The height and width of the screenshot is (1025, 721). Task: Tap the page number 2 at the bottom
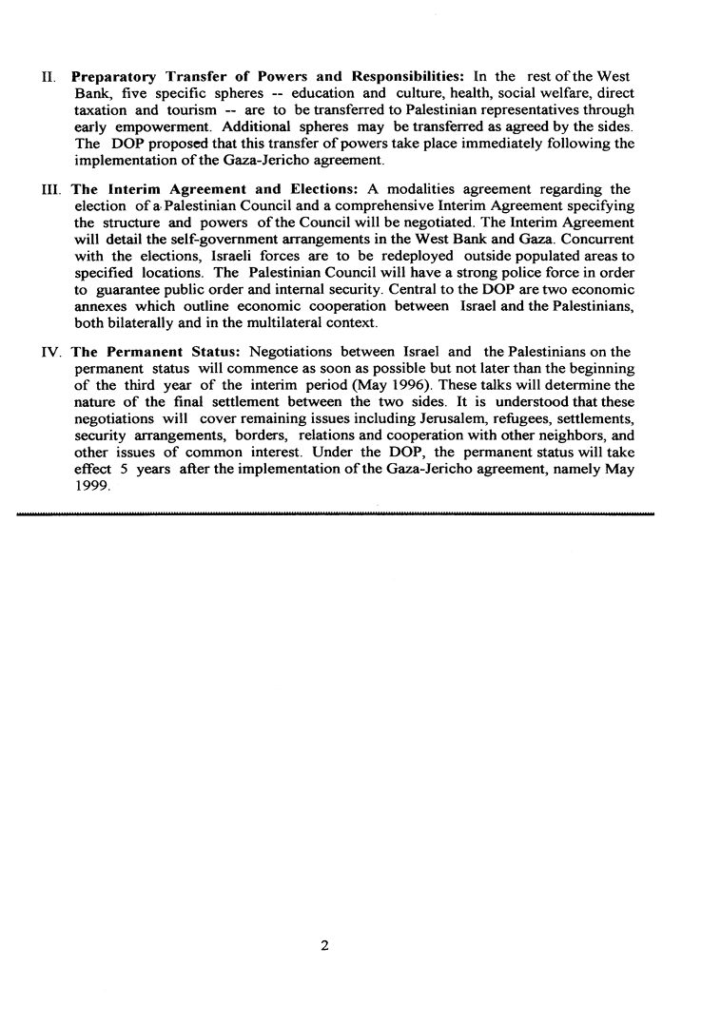[x=325, y=946]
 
